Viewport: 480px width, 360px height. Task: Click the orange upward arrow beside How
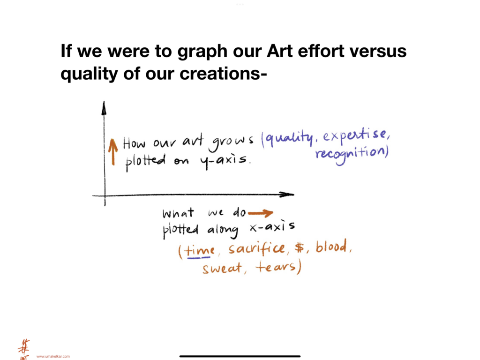coord(113,152)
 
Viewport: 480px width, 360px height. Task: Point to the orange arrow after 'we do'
coord(261,213)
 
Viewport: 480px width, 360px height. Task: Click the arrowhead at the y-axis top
coord(104,108)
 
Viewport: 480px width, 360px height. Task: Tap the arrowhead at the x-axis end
coord(286,195)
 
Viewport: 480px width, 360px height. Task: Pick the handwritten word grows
coord(231,142)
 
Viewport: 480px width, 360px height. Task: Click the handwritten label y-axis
coord(224,160)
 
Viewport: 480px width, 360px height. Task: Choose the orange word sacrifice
coord(256,247)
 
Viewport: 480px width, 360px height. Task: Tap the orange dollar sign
coord(300,247)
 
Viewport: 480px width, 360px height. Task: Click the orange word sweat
coord(222,268)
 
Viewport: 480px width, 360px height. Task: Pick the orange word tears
coord(276,266)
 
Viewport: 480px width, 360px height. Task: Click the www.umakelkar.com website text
coord(53,356)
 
